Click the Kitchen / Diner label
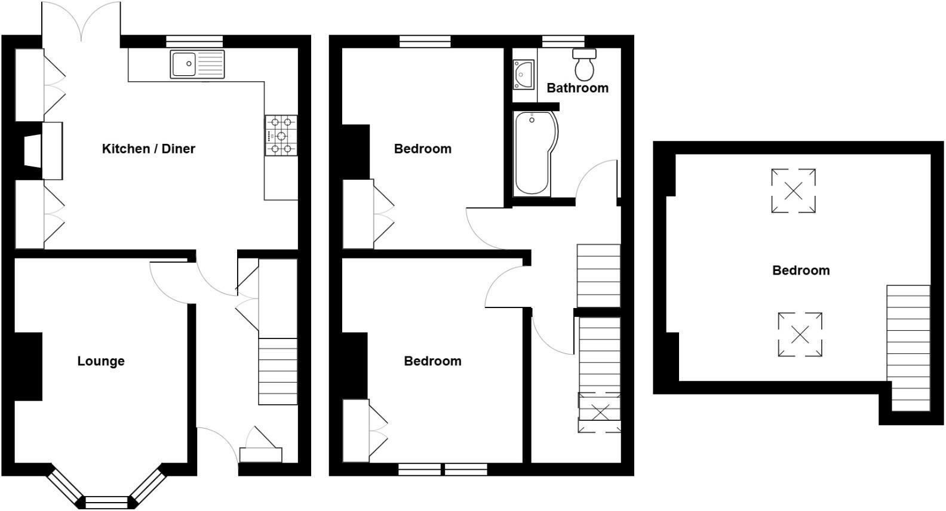149,149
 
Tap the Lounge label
101,361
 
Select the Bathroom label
578,88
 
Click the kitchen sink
198,64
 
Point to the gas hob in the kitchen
281,136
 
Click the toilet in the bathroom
585,64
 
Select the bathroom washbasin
524,75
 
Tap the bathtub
534,153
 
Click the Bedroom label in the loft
801,270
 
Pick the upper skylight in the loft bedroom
793,191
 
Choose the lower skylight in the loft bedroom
800,335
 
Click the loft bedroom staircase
908,347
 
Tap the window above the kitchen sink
194,41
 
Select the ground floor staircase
278,371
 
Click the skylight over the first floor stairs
600,412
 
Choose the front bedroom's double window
443,470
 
